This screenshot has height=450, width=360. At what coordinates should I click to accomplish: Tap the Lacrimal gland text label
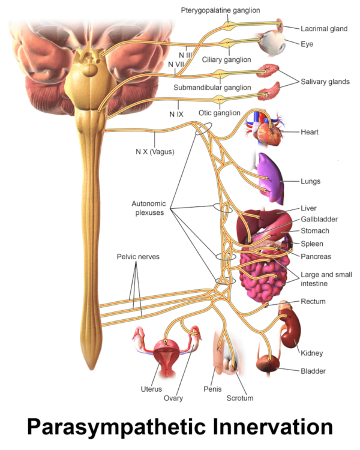coord(320,28)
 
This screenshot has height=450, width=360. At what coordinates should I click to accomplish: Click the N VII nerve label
coord(176,64)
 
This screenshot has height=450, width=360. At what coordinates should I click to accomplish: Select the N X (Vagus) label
coord(155,152)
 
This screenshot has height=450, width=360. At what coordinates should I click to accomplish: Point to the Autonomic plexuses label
coord(148,208)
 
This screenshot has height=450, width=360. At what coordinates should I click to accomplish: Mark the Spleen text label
coord(312,244)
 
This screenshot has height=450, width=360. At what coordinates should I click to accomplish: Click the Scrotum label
coord(240,398)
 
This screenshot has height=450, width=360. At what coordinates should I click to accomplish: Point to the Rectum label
coord(313,301)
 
